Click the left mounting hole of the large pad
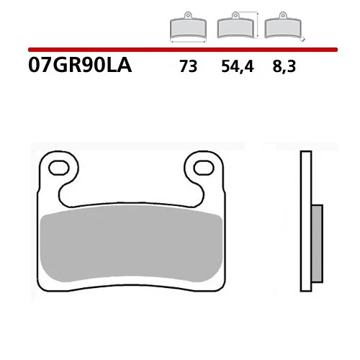[x=60, y=169]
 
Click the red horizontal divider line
[x=180, y=50]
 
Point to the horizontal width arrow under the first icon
[x=186, y=42]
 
